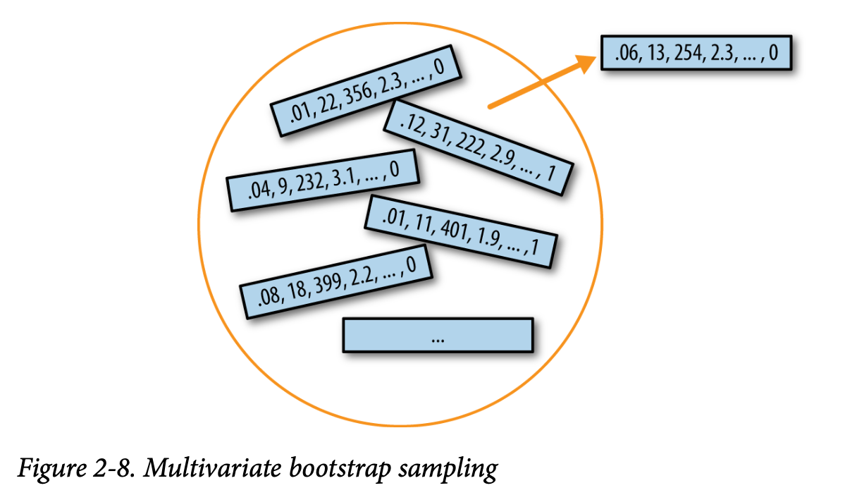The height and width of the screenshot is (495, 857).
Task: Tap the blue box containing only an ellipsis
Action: pos(437,336)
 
